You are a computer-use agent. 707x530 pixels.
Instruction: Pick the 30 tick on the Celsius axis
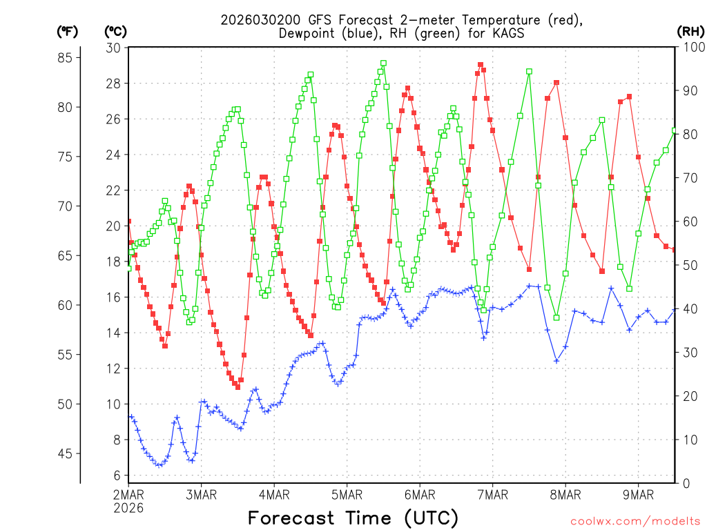pyautogui.click(x=114, y=48)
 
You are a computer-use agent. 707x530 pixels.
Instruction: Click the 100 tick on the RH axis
pyautogui.click(x=690, y=48)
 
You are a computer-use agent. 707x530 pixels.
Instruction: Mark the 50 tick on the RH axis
pyautogui.click(x=688, y=266)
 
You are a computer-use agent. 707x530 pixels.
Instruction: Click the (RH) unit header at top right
pyautogui.click(x=690, y=31)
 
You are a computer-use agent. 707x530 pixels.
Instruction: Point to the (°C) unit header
pyautogui.click(x=116, y=31)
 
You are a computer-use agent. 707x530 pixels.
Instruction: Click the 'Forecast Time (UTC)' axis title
pyautogui.click(x=353, y=518)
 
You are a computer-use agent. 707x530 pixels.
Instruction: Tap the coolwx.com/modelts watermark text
pyautogui.click(x=635, y=520)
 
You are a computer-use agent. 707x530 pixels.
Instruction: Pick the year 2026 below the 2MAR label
pyautogui.click(x=128, y=508)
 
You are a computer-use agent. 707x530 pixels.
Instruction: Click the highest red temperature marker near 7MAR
pyautogui.click(x=481, y=65)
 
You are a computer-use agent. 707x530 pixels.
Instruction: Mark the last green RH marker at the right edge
pyautogui.click(x=675, y=130)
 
